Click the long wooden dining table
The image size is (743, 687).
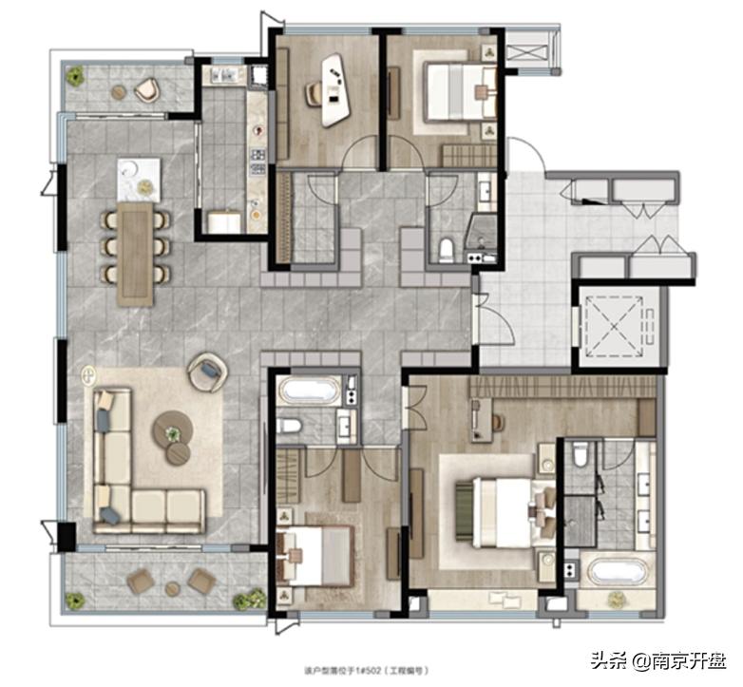coord(135,253)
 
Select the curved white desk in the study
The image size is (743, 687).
coord(334,90)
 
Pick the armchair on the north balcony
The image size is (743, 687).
coord(145,89)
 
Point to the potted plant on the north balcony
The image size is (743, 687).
coord(75,75)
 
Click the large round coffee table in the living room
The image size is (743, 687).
coord(173,429)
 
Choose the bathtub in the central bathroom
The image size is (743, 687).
coord(308,391)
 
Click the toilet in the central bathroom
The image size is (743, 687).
coord(289,426)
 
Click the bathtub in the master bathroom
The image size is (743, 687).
coord(618,572)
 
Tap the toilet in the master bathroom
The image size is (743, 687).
coord(581,456)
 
